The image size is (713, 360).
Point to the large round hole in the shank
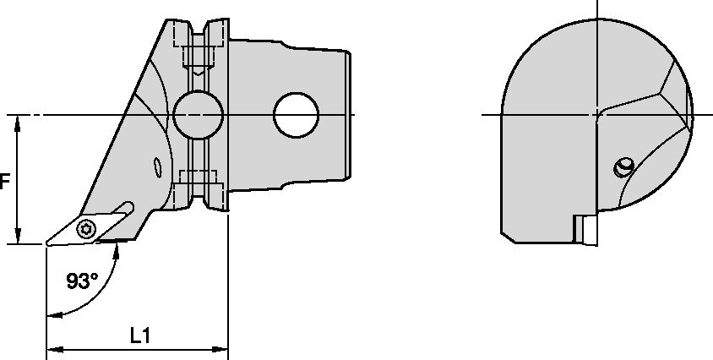tap(296, 114)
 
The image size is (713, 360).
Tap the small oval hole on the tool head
tap(156, 167)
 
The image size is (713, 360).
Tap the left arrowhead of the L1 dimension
tap(50, 347)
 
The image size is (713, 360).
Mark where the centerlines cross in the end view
tap(596, 114)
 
